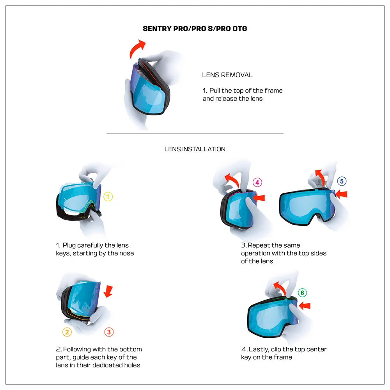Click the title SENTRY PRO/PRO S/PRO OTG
click(195, 28)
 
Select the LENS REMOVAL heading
click(227, 75)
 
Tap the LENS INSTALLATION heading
click(195, 149)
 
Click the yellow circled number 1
click(108, 197)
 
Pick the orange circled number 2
click(67, 332)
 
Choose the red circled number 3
click(109, 332)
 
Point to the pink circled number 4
click(257, 182)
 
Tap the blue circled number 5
click(342, 181)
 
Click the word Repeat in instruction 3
click(259, 245)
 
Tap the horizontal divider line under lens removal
click(195, 133)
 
